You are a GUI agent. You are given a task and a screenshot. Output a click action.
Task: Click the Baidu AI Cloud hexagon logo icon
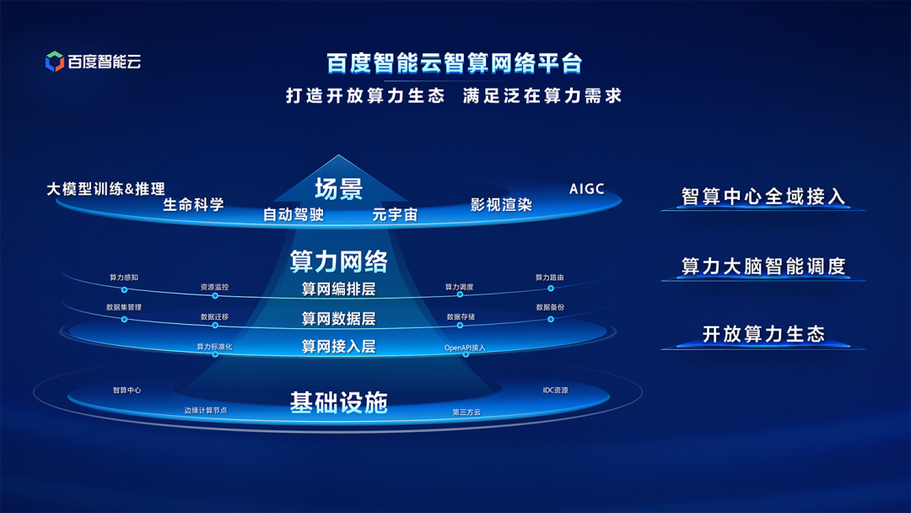(x=55, y=61)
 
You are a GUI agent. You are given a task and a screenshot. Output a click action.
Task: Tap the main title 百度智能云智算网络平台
(x=454, y=62)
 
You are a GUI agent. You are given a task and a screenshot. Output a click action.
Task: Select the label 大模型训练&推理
(x=105, y=189)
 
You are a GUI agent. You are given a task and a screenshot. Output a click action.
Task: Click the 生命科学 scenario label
(x=193, y=204)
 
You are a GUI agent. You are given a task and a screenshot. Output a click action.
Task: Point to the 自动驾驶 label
(x=294, y=215)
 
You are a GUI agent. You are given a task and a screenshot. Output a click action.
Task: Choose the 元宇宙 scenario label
(x=395, y=215)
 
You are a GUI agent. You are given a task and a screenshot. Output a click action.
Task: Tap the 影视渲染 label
(x=501, y=204)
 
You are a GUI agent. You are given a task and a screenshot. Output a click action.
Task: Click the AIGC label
(x=587, y=189)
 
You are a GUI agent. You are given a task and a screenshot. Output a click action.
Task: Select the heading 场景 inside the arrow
(x=339, y=189)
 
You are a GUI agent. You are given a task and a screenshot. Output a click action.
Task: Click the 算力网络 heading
(x=339, y=262)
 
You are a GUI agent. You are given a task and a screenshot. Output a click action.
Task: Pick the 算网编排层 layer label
(x=339, y=289)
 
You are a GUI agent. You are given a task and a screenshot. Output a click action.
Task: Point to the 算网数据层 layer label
(x=339, y=318)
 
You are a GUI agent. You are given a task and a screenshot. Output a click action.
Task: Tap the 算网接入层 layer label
(x=339, y=347)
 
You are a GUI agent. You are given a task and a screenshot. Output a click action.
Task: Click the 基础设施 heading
(x=339, y=402)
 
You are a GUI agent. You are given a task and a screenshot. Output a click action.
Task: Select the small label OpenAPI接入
(x=465, y=348)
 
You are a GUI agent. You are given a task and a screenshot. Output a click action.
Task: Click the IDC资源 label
(x=555, y=391)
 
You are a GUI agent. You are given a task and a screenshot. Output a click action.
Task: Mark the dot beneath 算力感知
(x=124, y=289)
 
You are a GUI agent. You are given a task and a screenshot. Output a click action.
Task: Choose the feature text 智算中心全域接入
(x=763, y=197)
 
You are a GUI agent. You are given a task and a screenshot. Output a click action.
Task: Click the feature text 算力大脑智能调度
(x=763, y=266)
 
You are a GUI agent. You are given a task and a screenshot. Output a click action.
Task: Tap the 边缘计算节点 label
(x=206, y=410)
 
